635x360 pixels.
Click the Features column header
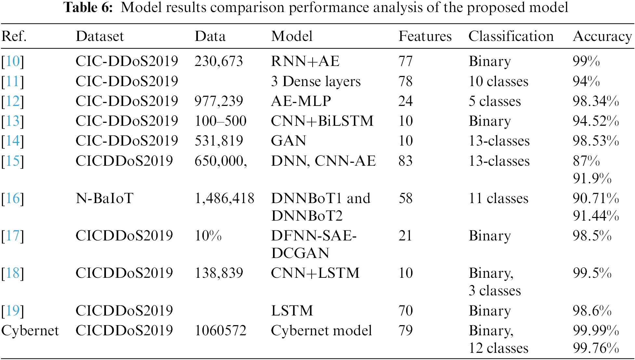tap(425, 36)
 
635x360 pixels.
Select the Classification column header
tap(511, 36)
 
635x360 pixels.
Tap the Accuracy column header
tap(602, 36)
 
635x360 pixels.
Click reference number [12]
tap(13, 101)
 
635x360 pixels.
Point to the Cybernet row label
tap(30, 330)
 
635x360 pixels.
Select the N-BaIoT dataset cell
tap(104, 198)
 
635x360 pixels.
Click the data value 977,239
tap(219, 101)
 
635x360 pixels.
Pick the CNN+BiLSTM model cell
tap(322, 121)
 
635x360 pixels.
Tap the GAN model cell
tap(289, 141)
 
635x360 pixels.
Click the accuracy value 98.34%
tap(595, 101)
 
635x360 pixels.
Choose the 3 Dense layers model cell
tap(316, 81)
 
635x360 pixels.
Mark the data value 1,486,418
tap(224, 198)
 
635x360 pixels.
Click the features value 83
tap(405, 161)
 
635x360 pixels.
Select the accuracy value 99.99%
tap(595, 330)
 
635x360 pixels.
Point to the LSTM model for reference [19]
tap(292, 311)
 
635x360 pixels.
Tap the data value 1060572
tap(220, 330)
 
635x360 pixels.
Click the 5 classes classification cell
tap(495, 101)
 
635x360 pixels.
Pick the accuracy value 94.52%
tap(595, 121)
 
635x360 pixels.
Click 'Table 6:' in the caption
tap(88, 7)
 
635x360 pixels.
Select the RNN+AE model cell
tap(305, 61)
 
